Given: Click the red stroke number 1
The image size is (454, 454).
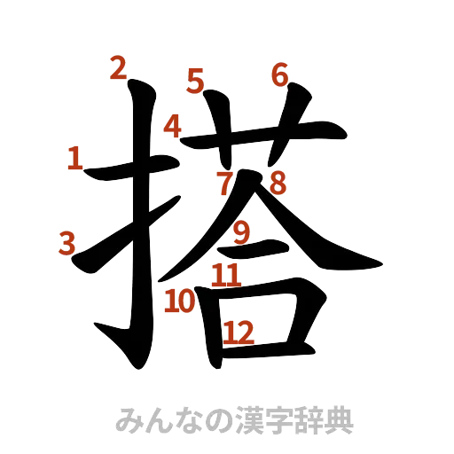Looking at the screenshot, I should [x=75, y=160].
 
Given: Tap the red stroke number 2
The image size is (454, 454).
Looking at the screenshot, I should [x=117, y=68].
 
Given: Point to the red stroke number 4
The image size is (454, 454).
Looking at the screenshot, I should [x=174, y=128].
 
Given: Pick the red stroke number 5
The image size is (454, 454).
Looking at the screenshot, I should [x=196, y=82].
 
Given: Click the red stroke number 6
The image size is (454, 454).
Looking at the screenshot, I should [x=280, y=75].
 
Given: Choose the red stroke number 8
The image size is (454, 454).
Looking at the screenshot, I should [x=278, y=184].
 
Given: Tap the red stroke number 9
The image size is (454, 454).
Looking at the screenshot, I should [x=241, y=233].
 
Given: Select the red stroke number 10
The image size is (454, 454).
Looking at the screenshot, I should [x=180, y=301].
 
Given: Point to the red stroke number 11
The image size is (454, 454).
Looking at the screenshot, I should [x=226, y=275].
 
